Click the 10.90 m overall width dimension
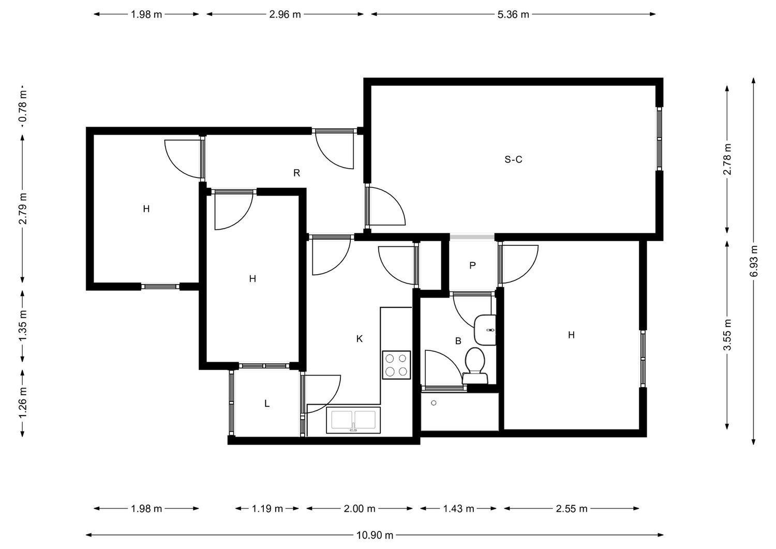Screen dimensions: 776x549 (375, 536)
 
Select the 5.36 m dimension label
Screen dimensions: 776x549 (513, 14)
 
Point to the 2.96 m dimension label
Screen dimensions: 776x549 (285, 14)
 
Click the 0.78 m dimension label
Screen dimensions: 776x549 (23, 106)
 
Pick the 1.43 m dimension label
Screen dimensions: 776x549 (459, 509)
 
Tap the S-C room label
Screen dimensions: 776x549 (513, 159)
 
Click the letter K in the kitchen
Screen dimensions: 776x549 (360, 338)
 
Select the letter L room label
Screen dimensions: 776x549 (267, 404)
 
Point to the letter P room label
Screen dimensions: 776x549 (472, 265)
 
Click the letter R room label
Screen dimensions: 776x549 (296, 173)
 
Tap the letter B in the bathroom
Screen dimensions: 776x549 (458, 341)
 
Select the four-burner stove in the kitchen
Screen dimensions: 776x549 (396, 365)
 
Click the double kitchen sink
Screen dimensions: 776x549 (353, 420)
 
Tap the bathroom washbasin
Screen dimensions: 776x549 (485, 330)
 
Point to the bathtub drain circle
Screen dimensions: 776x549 (434, 403)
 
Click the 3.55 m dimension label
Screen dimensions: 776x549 (727, 335)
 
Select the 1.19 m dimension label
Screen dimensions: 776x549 (267, 509)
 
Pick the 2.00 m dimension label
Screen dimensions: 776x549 (360, 509)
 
